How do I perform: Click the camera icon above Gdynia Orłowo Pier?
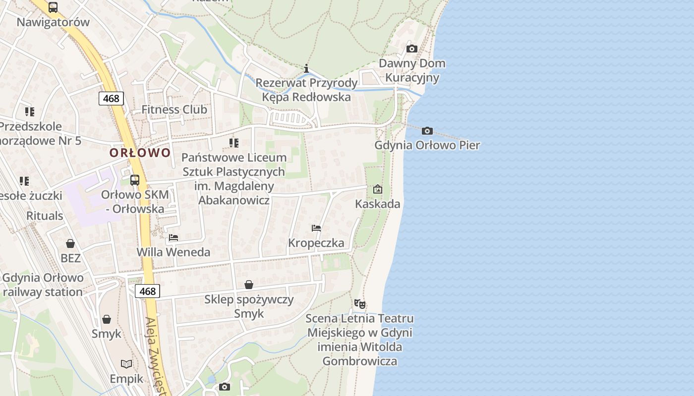[x=427, y=131]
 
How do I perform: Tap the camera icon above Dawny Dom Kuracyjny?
[x=411, y=49]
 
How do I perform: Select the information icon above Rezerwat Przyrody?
[x=306, y=68]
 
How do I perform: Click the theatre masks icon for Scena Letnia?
[x=360, y=303]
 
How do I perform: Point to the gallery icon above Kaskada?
[x=378, y=189]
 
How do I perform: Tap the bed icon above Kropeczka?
[x=316, y=228]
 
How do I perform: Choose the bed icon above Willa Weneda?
[x=173, y=238]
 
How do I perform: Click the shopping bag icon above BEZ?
[x=70, y=244]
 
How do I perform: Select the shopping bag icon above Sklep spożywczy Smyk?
[x=249, y=285]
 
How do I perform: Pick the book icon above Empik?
[x=126, y=364]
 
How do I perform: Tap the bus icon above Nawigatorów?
[x=53, y=7]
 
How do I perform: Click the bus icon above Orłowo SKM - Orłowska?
[x=135, y=180]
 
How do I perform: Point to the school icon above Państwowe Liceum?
[x=234, y=144]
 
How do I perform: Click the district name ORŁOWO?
[x=140, y=152]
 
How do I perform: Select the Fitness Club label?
[x=174, y=109]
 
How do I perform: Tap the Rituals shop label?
[x=45, y=216]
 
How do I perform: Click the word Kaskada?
[x=378, y=203]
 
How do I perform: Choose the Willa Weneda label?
[x=173, y=252]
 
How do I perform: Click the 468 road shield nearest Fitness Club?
[x=111, y=98]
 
